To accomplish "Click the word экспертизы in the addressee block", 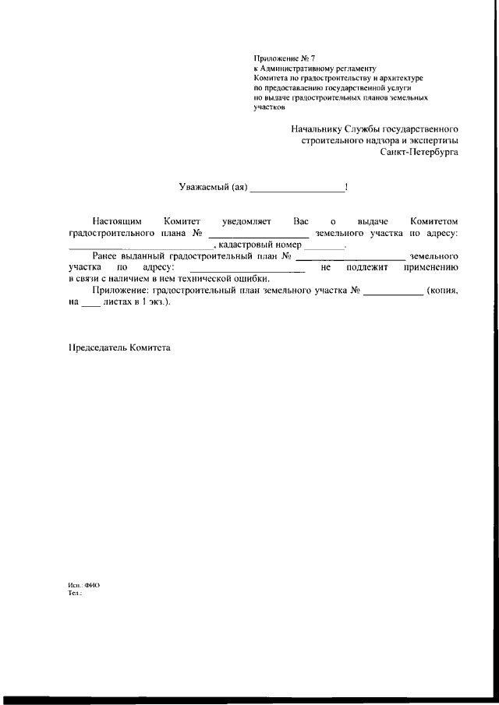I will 430,140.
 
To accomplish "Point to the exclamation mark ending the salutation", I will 345,187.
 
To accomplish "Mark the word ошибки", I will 250,279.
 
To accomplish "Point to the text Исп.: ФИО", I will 84,585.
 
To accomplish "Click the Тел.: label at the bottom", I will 76,593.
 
